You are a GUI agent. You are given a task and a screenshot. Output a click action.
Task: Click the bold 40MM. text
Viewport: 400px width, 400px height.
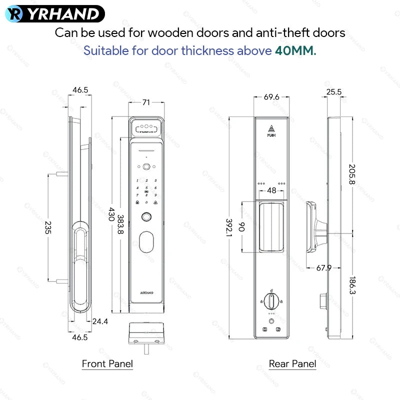click(295, 51)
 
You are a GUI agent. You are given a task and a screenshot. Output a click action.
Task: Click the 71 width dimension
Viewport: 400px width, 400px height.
click(146, 102)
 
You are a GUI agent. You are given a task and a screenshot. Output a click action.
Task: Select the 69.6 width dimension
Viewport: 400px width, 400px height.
click(272, 96)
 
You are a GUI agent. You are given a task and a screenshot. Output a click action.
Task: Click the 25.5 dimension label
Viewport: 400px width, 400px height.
click(333, 92)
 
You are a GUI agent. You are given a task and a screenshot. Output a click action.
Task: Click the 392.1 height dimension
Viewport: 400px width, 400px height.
click(229, 227)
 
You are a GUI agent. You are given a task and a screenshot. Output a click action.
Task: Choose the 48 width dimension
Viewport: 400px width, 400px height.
click(271, 190)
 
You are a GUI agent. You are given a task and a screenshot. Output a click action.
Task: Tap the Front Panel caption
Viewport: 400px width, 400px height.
click(107, 363)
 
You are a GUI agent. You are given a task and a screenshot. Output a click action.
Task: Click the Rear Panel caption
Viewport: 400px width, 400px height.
click(292, 363)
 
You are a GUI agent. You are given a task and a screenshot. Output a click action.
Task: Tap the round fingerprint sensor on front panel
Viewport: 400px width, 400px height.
click(146, 217)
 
